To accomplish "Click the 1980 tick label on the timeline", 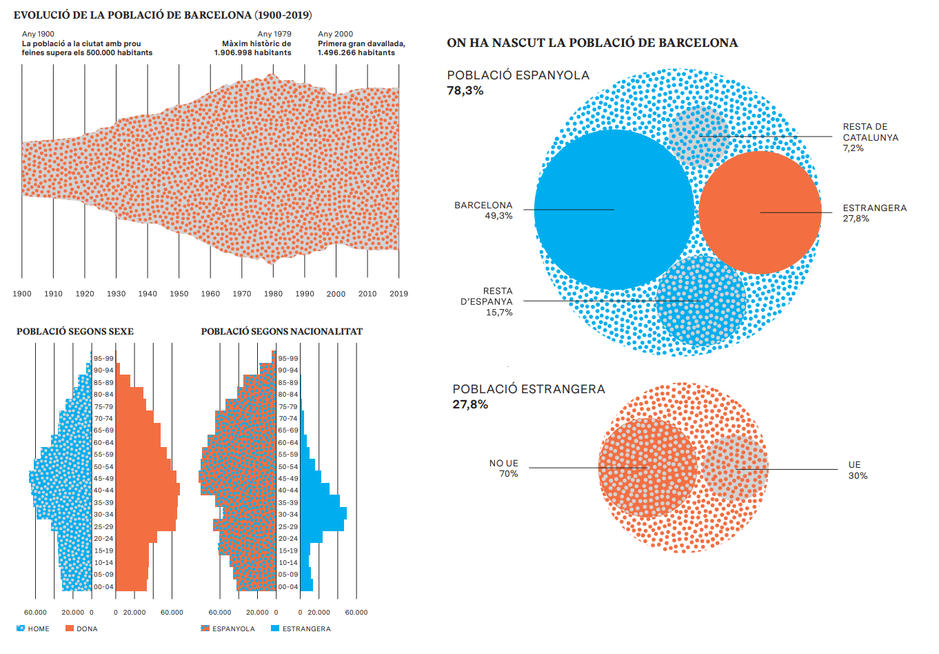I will pos(273,294).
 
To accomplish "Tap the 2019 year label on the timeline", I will pos(398,294).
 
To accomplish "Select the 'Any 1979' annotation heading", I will pos(274,34).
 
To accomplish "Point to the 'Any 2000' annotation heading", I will pos(335,34).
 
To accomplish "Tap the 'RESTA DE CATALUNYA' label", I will pos(870,132).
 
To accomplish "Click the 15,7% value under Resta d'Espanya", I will pos(499,313).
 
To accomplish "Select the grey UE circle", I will pos(736,468).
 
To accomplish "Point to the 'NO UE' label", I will pos(503,464).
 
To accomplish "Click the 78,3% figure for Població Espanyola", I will pos(465,90).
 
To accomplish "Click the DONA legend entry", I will pos(82,628).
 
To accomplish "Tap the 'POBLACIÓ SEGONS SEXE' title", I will pos(75,331).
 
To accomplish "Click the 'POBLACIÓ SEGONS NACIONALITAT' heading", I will pos(281,331).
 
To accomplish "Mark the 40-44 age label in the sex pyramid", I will pos(103,490).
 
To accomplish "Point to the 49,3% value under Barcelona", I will pos(498,216).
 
